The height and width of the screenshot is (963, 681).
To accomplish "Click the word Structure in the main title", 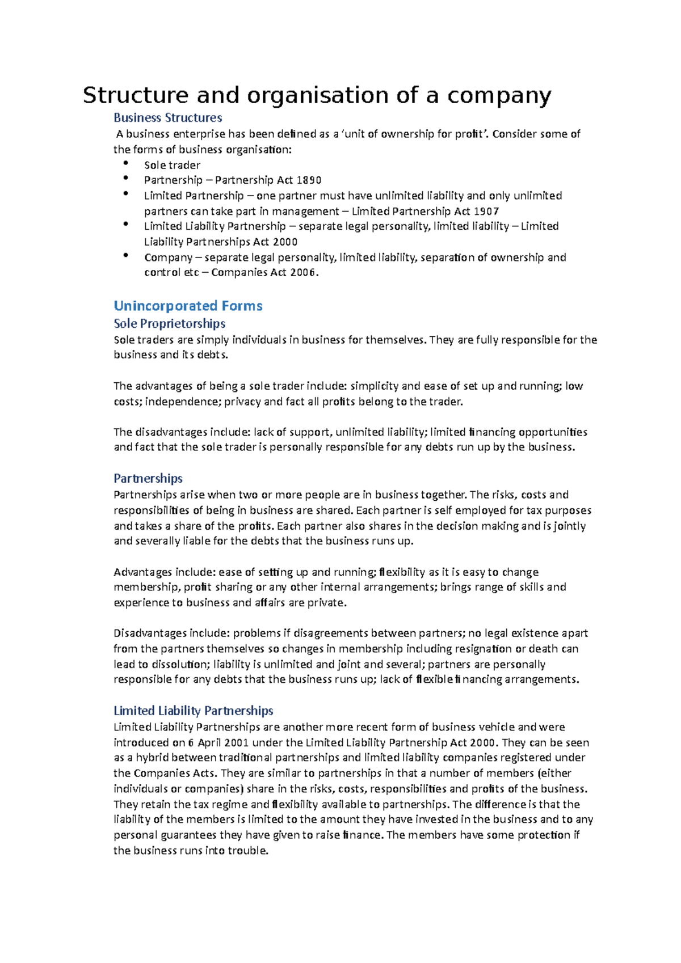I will point(135,95).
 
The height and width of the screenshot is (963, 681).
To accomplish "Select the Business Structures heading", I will point(167,118).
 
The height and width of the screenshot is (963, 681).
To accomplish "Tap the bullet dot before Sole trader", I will point(125,163).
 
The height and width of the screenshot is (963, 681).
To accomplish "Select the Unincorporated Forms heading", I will point(188,306).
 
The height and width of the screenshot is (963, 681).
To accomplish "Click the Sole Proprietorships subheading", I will point(169,324).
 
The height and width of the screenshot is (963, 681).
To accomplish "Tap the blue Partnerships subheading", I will point(148,479).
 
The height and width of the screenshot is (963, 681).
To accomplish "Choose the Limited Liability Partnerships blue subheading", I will point(193,711).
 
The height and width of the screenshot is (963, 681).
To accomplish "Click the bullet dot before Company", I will point(125,256).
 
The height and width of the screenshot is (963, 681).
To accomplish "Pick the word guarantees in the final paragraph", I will point(188,835).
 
